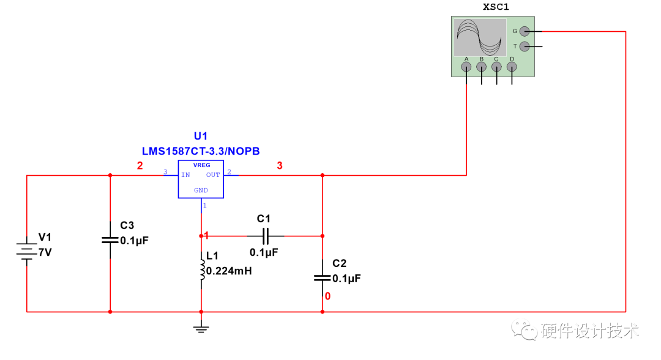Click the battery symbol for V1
(x=27, y=250)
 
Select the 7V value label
(x=45, y=252)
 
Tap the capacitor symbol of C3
(x=110, y=239)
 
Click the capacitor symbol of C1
(x=265, y=235)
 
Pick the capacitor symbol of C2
(x=323, y=277)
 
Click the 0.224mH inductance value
(x=229, y=271)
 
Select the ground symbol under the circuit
(x=201, y=329)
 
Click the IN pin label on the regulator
(x=185, y=175)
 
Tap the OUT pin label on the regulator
(x=212, y=175)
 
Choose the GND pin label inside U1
(x=201, y=190)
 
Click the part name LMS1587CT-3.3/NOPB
(x=201, y=151)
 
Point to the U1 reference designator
(x=201, y=136)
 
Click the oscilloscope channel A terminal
(x=467, y=67)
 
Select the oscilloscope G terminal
(x=524, y=31)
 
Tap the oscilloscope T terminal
(x=524, y=47)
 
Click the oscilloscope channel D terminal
(x=512, y=67)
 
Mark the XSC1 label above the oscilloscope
(x=496, y=7)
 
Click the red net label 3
(x=280, y=165)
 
